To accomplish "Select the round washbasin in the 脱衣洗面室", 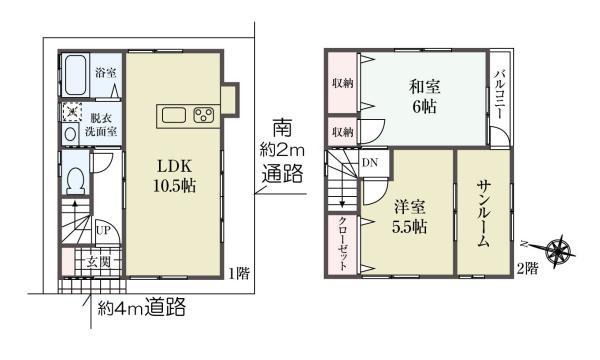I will [70, 134].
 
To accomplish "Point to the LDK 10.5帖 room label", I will [173, 175].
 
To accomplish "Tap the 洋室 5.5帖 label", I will [410, 217].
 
